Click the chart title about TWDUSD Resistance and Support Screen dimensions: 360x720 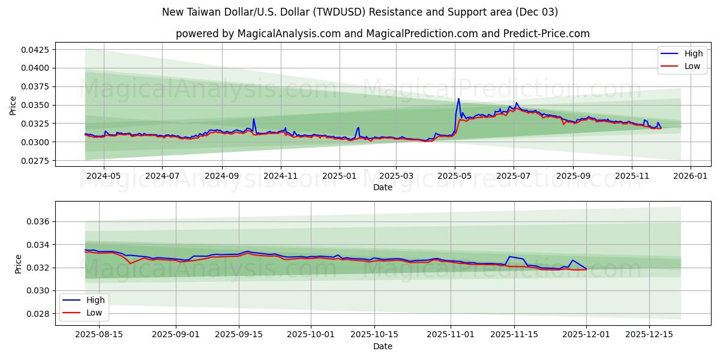[x=360, y=12]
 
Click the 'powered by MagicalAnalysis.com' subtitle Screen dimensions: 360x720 [x=382, y=34]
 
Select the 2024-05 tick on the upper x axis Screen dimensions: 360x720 [x=104, y=176]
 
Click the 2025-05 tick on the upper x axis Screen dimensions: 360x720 [x=455, y=176]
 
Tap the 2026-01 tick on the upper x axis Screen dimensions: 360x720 [x=690, y=176]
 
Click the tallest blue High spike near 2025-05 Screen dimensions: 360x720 [x=459, y=99]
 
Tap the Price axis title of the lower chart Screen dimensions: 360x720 [x=18, y=263]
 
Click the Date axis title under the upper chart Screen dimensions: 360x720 [x=382, y=187]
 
